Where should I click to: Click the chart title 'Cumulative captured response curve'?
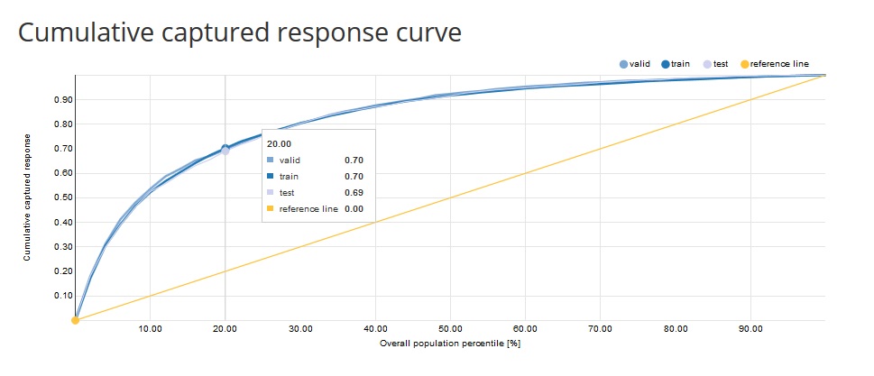(240, 33)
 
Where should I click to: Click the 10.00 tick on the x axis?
(150, 329)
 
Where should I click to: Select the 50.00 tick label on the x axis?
(450, 329)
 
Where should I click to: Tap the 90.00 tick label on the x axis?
(750, 329)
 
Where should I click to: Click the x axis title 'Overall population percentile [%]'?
(450, 344)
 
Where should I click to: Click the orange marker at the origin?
(76, 320)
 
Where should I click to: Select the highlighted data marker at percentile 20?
(225, 150)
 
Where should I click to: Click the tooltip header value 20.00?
(279, 143)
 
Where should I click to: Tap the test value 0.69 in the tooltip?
(354, 192)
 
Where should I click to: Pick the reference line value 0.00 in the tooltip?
(354, 208)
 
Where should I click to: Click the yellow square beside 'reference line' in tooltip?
(271, 208)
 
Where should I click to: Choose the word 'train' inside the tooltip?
(290, 176)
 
